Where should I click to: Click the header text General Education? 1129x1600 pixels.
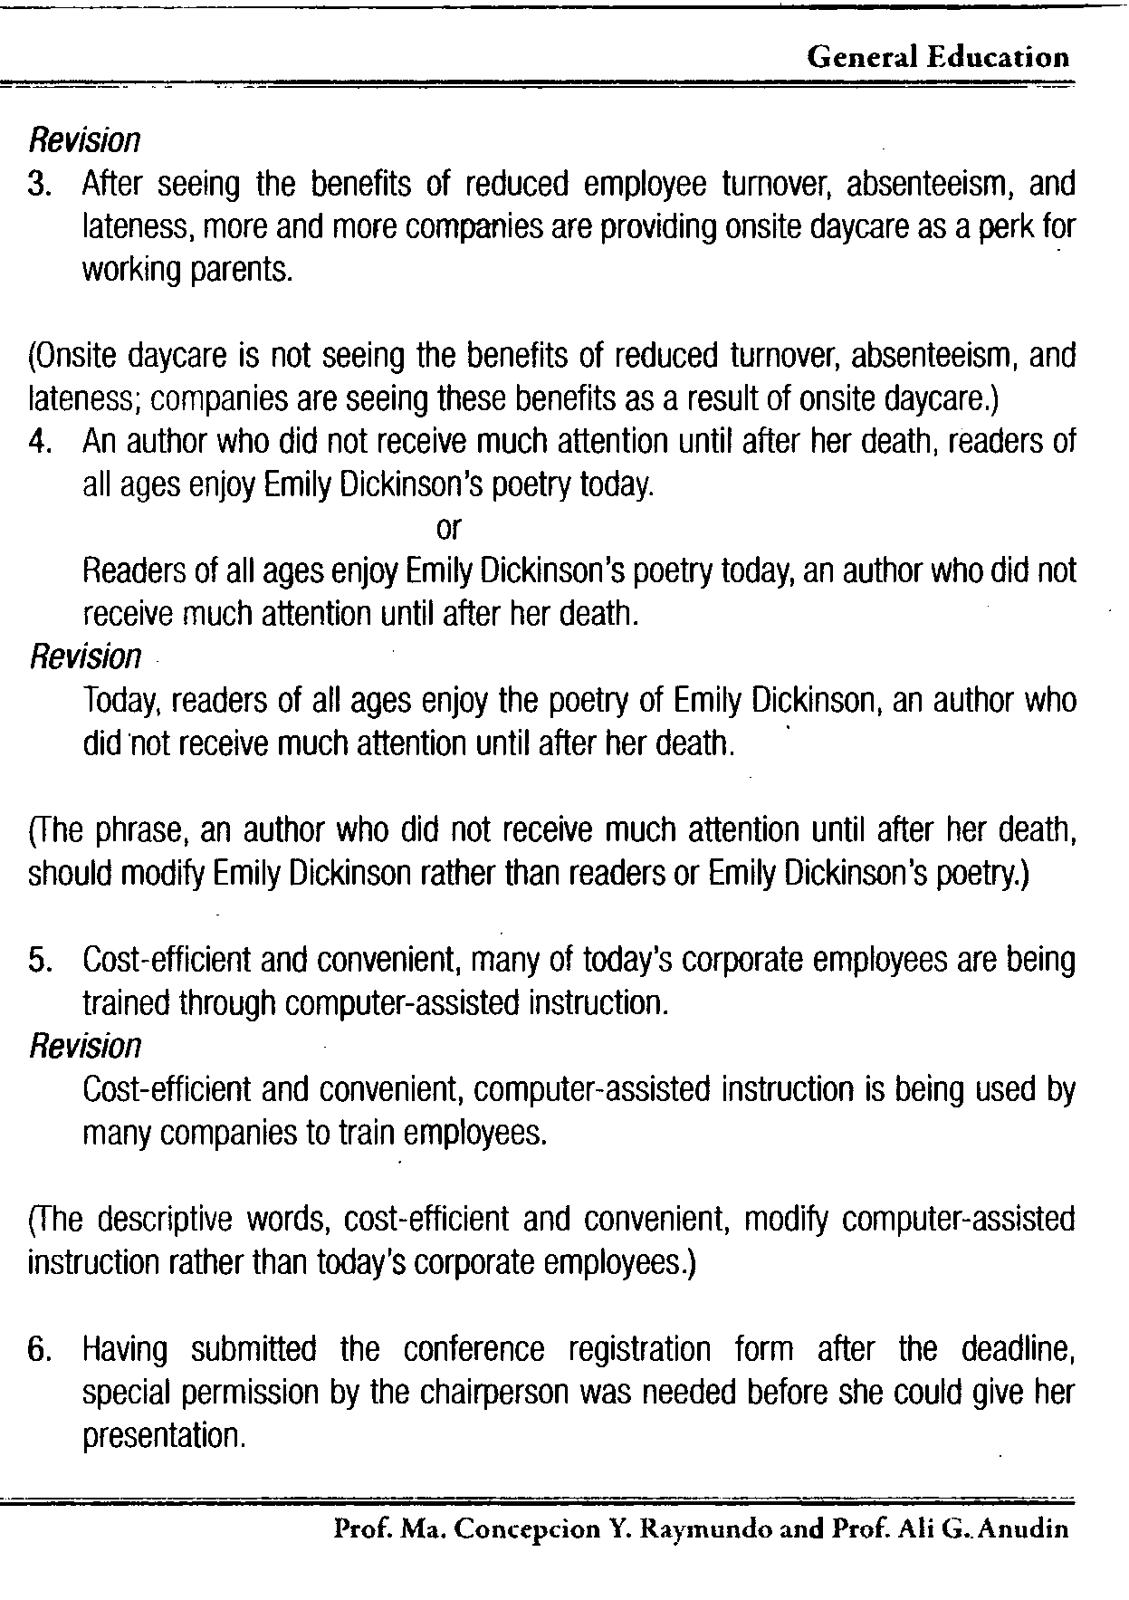[x=937, y=58]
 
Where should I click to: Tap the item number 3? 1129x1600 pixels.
[x=38, y=185]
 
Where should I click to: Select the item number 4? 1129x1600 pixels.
[x=38, y=442]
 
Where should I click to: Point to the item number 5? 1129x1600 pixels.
[x=38, y=960]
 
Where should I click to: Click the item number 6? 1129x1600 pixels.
[x=38, y=1349]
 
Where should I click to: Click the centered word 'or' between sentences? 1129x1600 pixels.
[x=448, y=527]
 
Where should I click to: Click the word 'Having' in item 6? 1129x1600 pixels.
[x=125, y=1350]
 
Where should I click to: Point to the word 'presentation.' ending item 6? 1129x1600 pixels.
[x=164, y=1436]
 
